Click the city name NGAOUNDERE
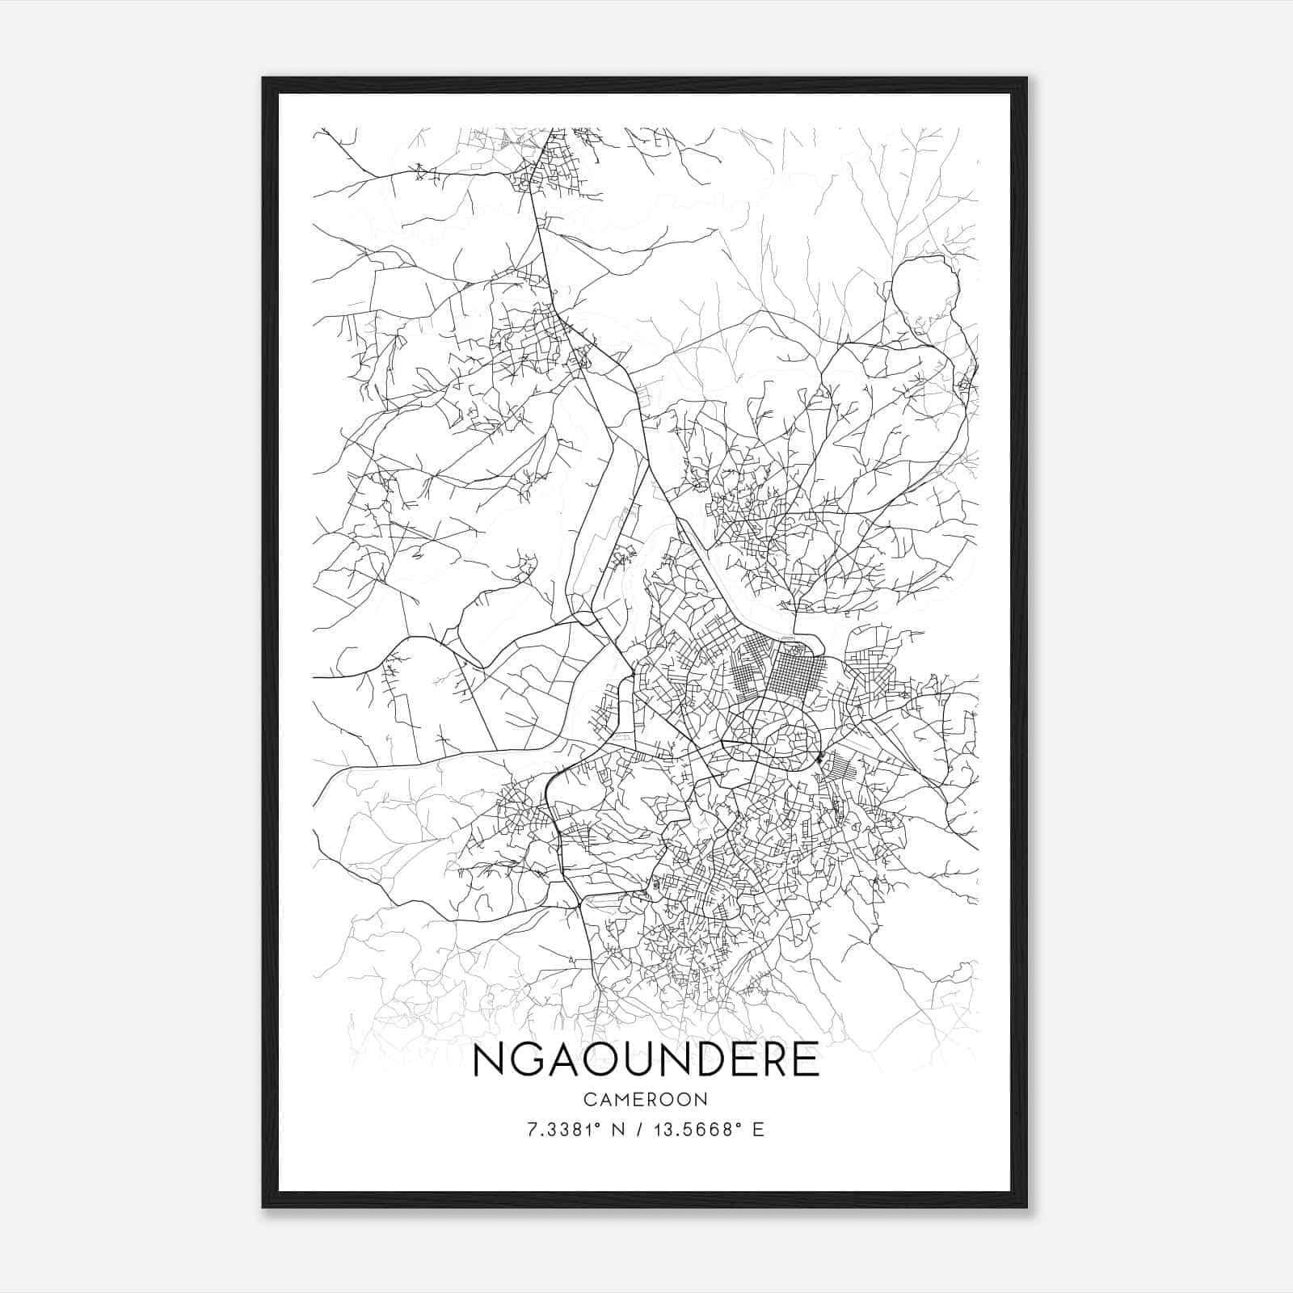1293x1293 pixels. [x=646, y=1059]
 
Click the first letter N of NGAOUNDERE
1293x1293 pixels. [x=488, y=1060]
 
